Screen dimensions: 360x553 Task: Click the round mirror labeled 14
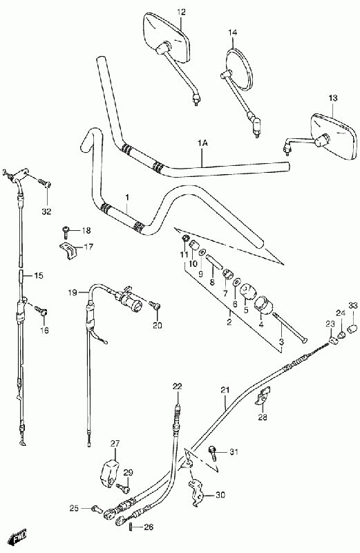[x=239, y=68]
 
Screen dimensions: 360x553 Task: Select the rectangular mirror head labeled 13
[x=335, y=135]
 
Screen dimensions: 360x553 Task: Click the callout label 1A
[x=202, y=143]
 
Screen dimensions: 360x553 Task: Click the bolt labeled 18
[x=66, y=231]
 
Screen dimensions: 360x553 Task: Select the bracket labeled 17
[x=68, y=250]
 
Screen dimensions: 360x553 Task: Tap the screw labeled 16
[x=41, y=310]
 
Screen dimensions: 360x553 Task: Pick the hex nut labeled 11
[x=184, y=239]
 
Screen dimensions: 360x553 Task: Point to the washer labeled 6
[x=237, y=282]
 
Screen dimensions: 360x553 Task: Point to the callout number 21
[x=225, y=390]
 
